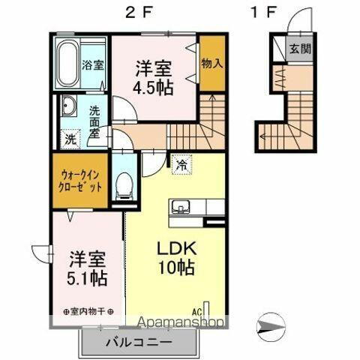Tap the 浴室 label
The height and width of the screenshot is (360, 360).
tap(93, 64)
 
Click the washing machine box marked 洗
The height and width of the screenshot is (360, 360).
tap(70, 138)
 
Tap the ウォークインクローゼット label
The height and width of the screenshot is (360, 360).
tap(79, 181)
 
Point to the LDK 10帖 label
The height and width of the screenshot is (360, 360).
tap(175, 257)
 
